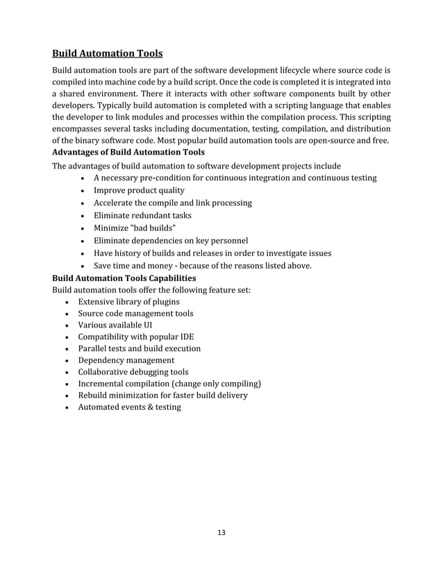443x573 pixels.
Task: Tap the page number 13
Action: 221,533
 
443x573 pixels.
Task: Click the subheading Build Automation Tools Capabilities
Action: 124,277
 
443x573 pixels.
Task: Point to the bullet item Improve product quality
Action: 139,190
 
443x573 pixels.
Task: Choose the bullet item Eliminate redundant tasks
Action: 142,215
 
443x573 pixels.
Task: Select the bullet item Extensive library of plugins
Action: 128,302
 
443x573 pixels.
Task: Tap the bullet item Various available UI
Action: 115,325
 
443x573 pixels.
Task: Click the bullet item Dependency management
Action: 126,360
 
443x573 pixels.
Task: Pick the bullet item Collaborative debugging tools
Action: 133,372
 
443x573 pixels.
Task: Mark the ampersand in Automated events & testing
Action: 145,407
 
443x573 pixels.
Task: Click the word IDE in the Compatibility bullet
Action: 186,336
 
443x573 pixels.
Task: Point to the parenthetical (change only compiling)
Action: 215,384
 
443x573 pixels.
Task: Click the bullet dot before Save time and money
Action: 83,266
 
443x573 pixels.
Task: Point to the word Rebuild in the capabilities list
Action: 94,395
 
